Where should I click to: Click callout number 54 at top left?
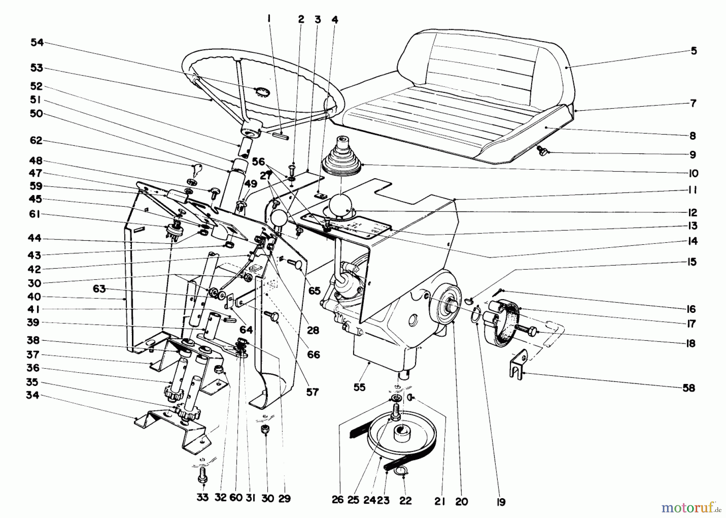point(37,43)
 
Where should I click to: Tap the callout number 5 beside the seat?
point(694,51)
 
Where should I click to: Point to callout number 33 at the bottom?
point(202,498)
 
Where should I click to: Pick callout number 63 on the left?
point(99,289)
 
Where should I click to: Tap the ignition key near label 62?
point(195,172)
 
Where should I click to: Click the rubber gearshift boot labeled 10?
point(342,157)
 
